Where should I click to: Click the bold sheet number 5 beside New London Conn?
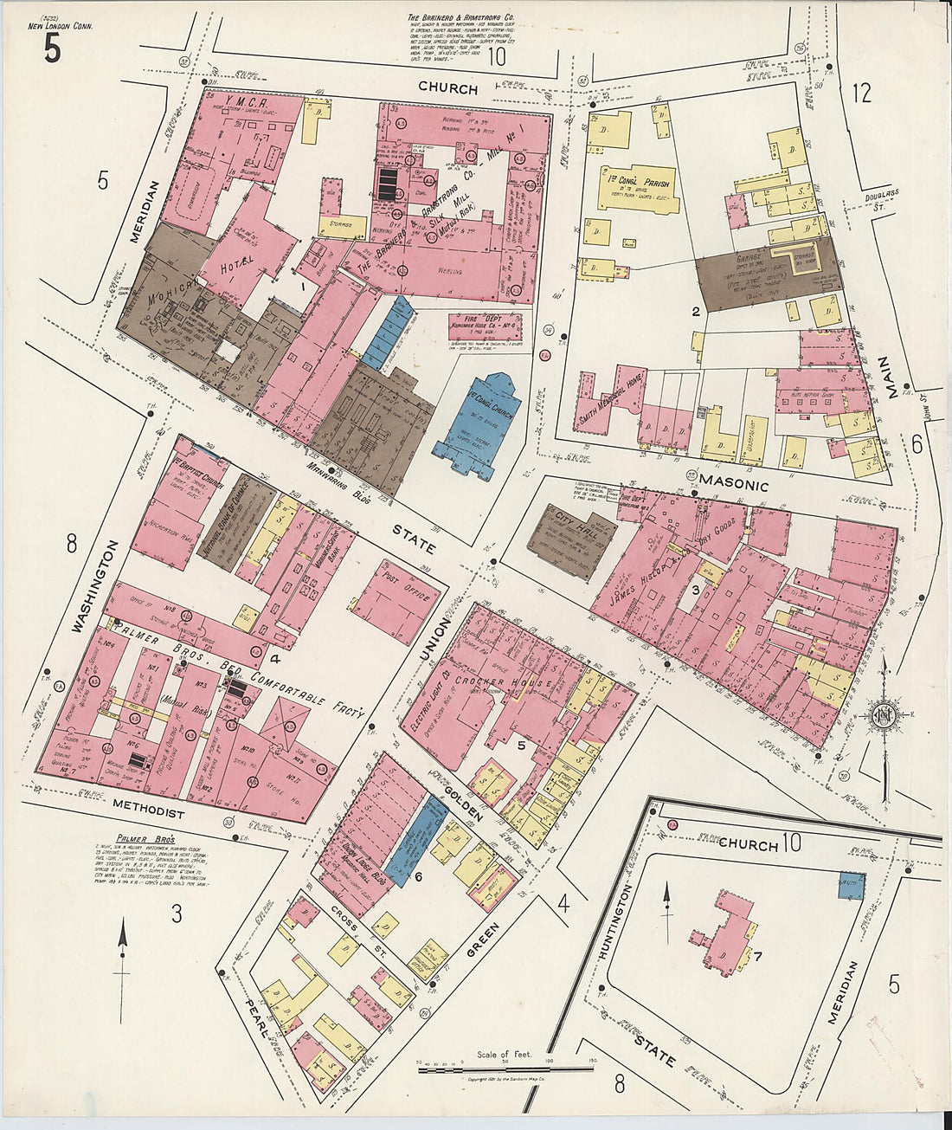(51, 49)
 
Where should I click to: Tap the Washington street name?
(94, 589)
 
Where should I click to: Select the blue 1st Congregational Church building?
(479, 424)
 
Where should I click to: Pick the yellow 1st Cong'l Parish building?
(634, 188)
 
